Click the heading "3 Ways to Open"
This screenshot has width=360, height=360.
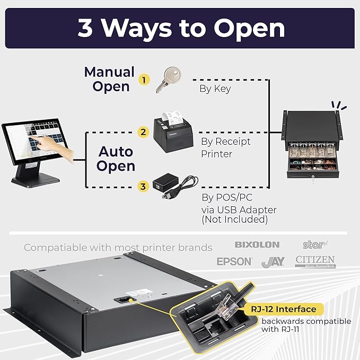181,28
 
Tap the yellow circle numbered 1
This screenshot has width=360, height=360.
142,80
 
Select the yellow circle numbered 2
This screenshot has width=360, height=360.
142,131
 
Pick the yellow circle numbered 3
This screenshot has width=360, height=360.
142,186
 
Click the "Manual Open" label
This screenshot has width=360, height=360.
110,79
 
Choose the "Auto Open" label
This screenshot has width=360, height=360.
116,159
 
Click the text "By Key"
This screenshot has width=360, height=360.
215,89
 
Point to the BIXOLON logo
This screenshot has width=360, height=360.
257,245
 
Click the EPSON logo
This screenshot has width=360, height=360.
234,261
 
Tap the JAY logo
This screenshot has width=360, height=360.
273,261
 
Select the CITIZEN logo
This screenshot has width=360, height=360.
315,260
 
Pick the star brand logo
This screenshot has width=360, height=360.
312,244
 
